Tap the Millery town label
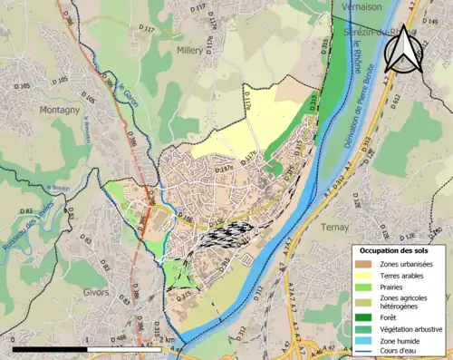tap(191, 51)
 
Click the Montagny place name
tap(60, 109)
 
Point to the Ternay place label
tap(333, 228)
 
